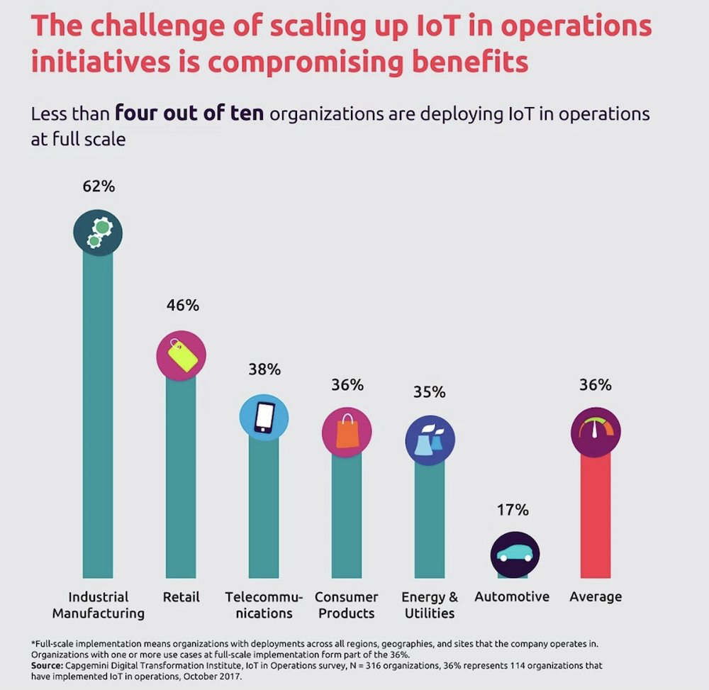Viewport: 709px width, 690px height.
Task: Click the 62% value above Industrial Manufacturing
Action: pos(98,188)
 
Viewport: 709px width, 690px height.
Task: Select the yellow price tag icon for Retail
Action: pos(181,355)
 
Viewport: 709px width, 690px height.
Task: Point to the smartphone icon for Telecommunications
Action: pos(264,417)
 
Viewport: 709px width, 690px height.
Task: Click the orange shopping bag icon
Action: pos(347,430)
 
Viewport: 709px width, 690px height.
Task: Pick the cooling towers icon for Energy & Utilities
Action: pos(430,440)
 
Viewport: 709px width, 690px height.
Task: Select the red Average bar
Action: pos(596,518)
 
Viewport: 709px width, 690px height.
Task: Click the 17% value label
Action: pos(513,509)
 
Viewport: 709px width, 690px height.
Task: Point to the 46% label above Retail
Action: pos(181,306)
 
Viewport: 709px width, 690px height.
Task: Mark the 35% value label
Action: pos(430,391)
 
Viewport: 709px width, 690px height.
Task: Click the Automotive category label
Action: pos(512,596)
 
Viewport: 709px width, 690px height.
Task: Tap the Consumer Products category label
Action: pos(347,604)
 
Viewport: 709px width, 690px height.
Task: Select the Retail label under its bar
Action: pos(181,596)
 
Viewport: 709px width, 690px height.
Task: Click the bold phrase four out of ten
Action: pos(189,114)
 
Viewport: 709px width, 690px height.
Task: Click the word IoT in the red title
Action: pos(397,26)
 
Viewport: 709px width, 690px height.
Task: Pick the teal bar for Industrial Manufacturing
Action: pos(98,411)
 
